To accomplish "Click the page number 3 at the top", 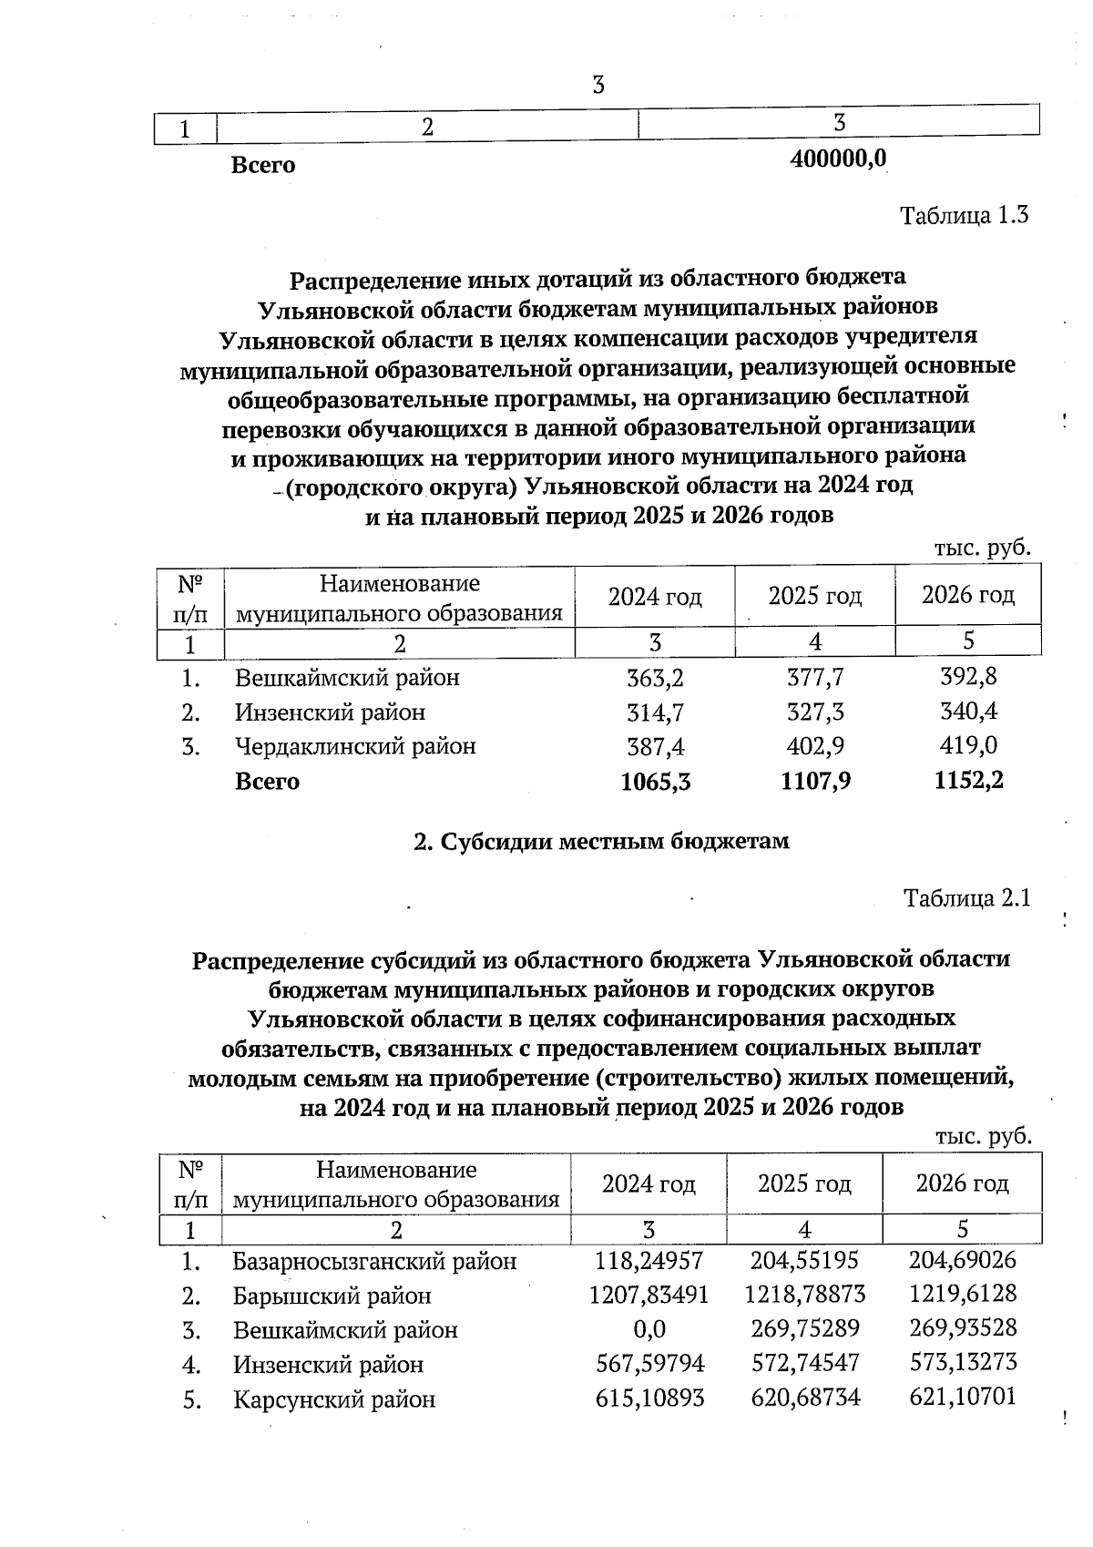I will (x=598, y=86).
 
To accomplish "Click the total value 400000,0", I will (x=839, y=159).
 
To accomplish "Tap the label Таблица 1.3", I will (x=965, y=216).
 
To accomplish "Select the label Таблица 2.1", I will (x=966, y=898).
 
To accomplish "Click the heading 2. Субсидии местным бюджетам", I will (x=601, y=841).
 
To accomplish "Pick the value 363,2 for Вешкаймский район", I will (x=655, y=678).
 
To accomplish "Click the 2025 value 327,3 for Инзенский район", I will (x=814, y=712).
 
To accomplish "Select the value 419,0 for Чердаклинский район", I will (x=968, y=745).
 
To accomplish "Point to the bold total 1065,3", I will (x=655, y=781).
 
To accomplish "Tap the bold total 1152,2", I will (x=968, y=779).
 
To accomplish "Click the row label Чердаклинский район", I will (x=355, y=746).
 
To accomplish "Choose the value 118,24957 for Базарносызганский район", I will (x=649, y=1261).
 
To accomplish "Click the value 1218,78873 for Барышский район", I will (x=804, y=1295).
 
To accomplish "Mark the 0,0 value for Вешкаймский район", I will (x=649, y=1329).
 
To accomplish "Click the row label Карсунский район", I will (x=334, y=1398).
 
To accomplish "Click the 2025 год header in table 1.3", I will (x=814, y=596).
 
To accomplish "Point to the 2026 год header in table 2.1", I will (x=962, y=1183).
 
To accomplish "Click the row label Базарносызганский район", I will (x=374, y=1261).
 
